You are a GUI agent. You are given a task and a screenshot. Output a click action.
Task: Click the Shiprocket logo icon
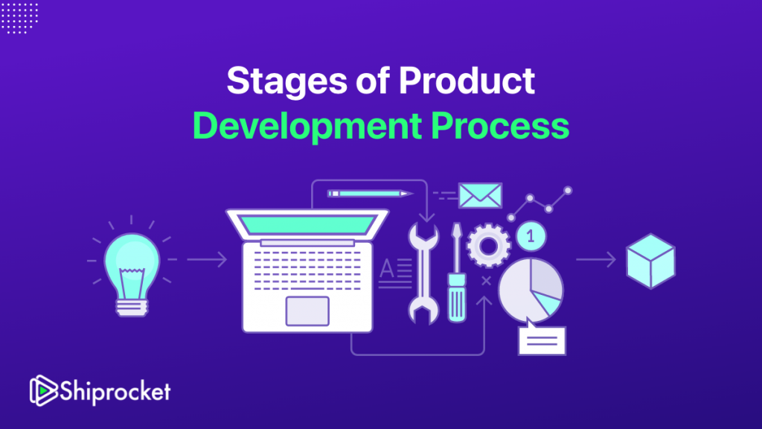click(x=43, y=390)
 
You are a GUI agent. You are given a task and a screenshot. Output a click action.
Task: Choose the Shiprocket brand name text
click(x=116, y=390)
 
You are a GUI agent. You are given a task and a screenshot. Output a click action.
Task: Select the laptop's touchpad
click(x=307, y=310)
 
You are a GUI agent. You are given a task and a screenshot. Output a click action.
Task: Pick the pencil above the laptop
click(x=370, y=194)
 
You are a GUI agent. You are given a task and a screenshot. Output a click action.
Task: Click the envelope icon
click(x=480, y=194)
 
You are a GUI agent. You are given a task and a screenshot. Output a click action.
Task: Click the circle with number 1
click(x=531, y=236)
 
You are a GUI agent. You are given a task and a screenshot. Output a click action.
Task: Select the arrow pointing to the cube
click(x=595, y=260)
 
